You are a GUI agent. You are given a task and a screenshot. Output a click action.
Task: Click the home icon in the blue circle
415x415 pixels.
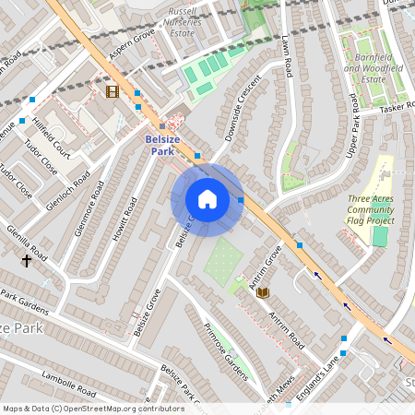click(207, 199)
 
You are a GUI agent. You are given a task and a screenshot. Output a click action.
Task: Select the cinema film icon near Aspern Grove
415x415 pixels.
click(113, 90)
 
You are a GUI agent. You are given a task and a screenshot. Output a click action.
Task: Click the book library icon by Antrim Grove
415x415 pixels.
click(262, 292)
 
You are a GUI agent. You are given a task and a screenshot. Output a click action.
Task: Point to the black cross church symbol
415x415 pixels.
click(26, 261)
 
